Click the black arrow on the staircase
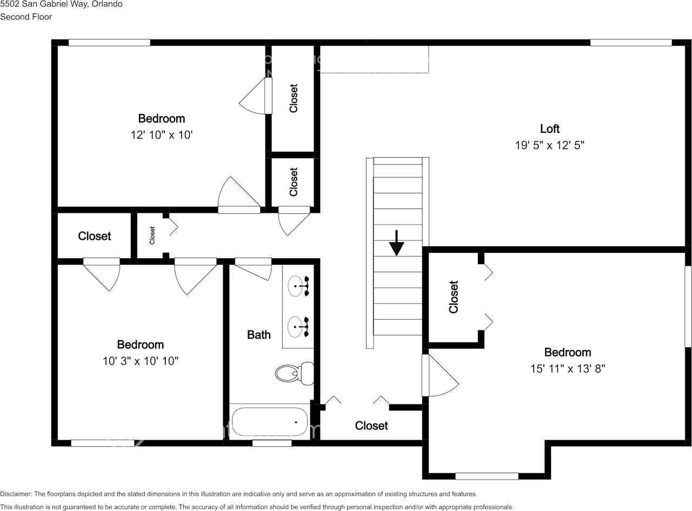(x=397, y=243)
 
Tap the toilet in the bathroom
(x=294, y=373)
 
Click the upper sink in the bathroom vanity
(x=296, y=286)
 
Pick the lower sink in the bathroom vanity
(x=296, y=326)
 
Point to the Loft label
(x=550, y=129)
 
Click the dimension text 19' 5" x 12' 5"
(x=550, y=145)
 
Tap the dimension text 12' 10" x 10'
(x=162, y=135)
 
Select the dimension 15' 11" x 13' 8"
(x=568, y=368)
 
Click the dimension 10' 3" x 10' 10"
(x=141, y=361)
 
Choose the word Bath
(x=258, y=335)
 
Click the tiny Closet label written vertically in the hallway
(x=152, y=236)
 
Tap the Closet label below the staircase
(x=371, y=426)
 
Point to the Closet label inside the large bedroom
(x=454, y=297)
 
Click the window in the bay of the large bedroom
(x=487, y=476)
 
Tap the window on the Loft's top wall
(x=630, y=43)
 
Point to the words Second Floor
(x=26, y=17)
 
